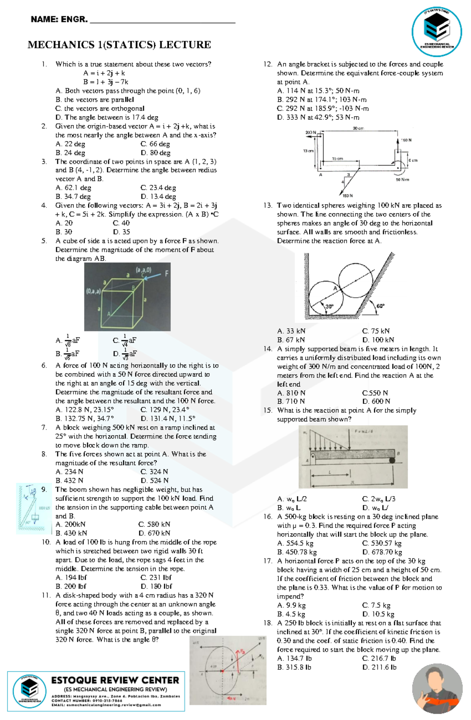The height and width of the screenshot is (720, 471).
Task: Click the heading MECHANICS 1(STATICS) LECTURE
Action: point(119,45)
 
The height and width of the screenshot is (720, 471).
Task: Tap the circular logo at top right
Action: point(436,31)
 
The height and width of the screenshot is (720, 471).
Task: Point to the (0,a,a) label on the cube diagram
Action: point(93,291)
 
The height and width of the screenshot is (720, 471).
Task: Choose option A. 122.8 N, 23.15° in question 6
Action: point(85,410)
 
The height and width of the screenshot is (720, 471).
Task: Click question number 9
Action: point(44,489)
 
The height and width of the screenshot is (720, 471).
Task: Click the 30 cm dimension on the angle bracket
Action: point(358,128)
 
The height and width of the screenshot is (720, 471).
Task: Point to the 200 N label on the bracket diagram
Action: point(310,133)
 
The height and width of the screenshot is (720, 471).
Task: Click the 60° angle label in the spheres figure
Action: point(380,306)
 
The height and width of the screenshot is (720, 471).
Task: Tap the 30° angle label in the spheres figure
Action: point(329,306)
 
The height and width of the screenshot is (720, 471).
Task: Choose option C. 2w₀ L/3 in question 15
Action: point(378,499)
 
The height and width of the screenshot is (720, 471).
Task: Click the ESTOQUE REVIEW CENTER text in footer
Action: point(115,680)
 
